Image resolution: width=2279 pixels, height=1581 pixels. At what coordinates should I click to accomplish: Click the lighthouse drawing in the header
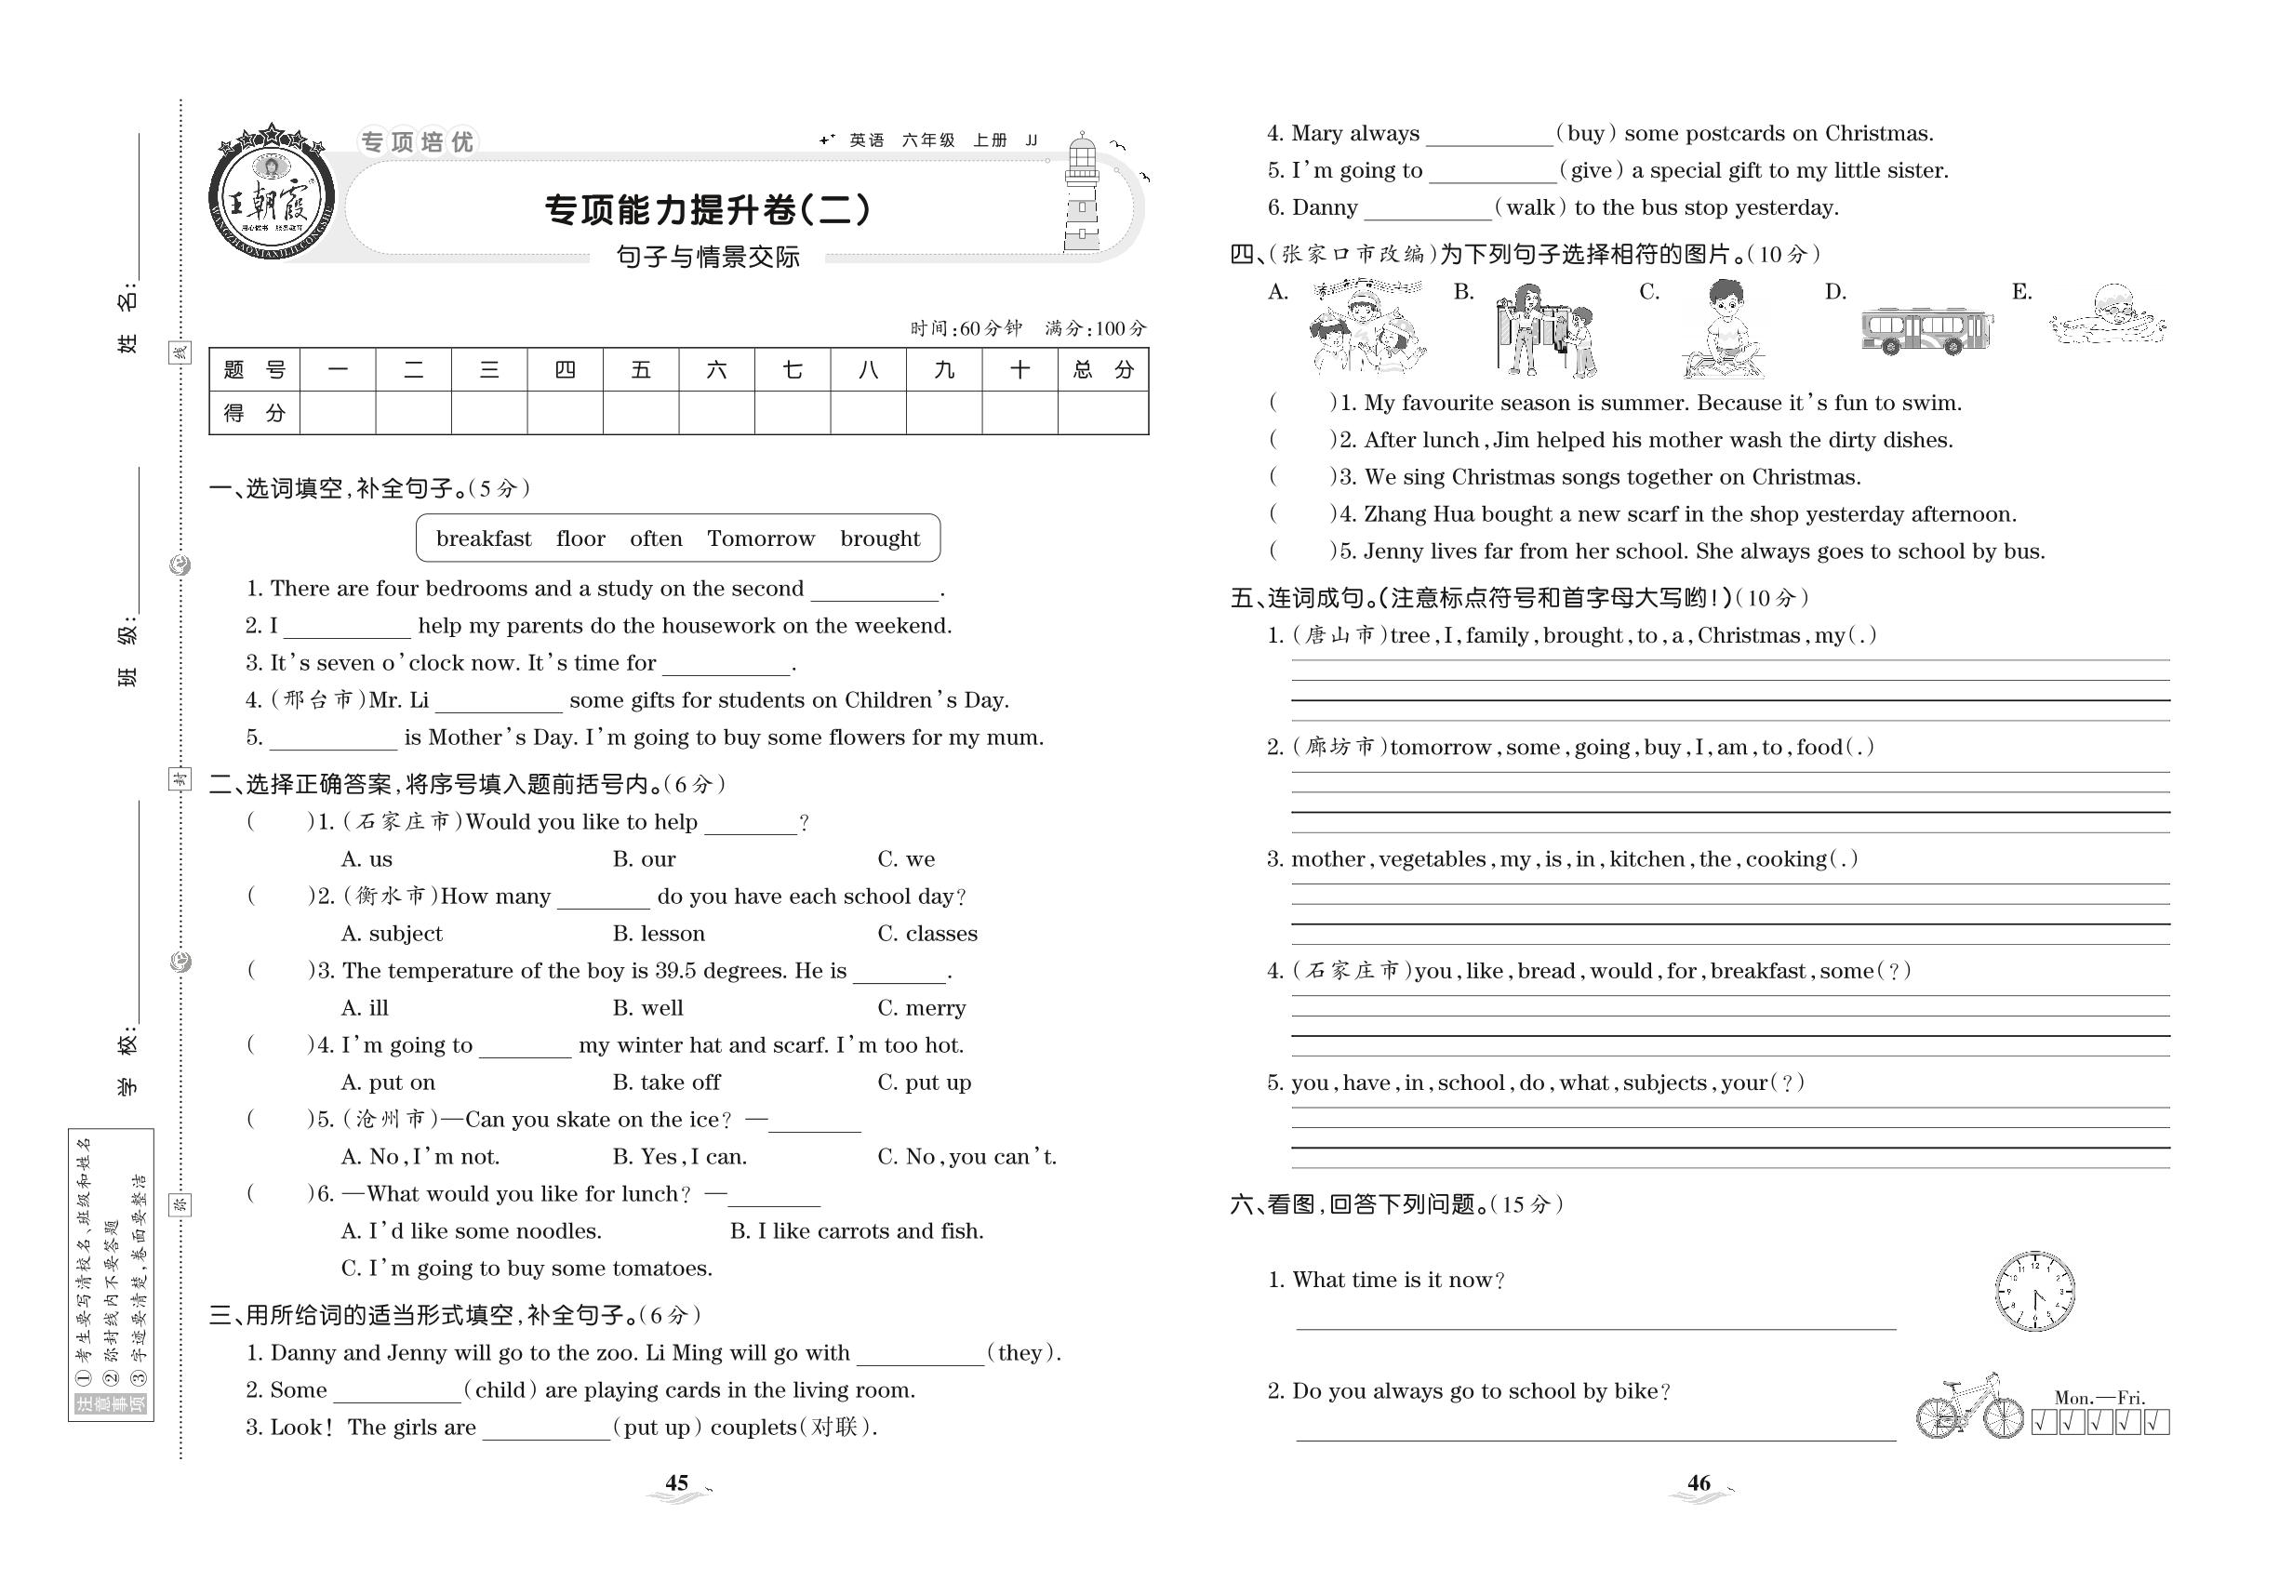point(1082,194)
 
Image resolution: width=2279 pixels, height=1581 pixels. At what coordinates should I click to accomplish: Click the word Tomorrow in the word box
point(760,538)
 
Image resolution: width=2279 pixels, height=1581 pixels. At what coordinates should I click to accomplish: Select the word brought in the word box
point(879,538)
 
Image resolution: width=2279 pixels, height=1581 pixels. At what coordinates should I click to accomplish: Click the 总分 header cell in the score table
point(1102,370)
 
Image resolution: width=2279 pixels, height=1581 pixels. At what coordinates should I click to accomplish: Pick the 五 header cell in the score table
point(640,370)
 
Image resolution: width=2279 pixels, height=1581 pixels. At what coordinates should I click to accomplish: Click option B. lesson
point(658,933)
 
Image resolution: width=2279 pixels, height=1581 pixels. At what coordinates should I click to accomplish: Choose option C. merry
point(921,1007)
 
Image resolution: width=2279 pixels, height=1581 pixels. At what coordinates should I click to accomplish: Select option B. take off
point(666,1082)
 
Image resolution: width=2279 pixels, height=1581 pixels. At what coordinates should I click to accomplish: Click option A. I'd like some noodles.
point(471,1231)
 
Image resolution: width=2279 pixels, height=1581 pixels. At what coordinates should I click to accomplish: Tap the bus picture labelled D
point(1926,330)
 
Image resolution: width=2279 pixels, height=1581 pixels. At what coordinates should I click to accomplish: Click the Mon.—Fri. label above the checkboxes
point(2099,1398)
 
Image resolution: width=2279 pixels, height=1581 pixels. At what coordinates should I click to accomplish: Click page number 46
point(1699,1483)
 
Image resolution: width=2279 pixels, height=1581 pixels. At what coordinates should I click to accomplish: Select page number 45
point(677,1483)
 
